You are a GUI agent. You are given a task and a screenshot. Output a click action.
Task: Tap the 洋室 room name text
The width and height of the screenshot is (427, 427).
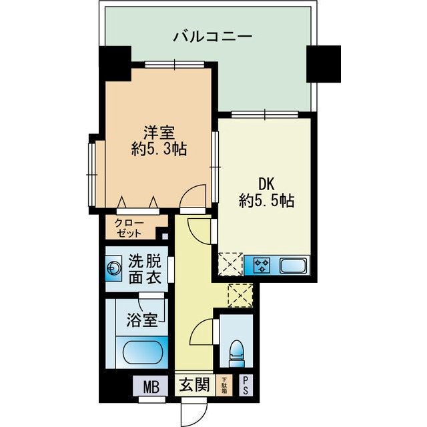click(x=158, y=131)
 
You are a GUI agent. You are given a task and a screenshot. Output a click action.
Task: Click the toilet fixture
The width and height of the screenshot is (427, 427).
click(x=236, y=350)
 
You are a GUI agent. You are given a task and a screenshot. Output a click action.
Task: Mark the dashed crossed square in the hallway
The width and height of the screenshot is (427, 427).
click(x=239, y=294)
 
